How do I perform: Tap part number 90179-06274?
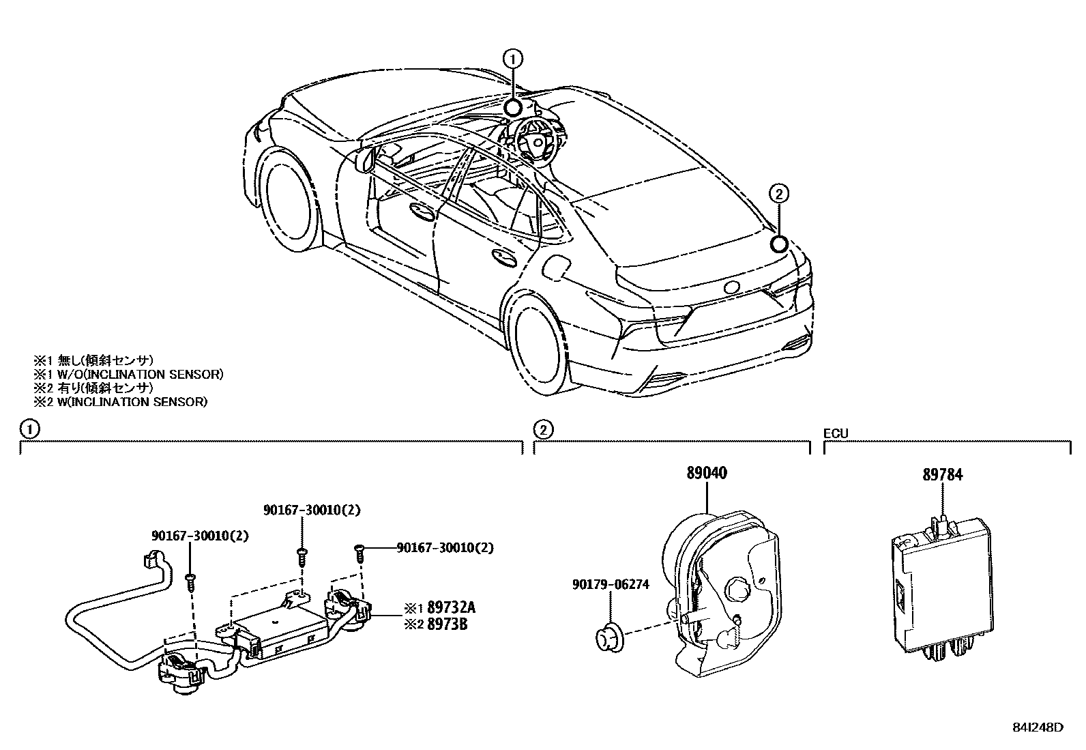[x=611, y=584]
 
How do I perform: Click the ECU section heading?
[x=835, y=433]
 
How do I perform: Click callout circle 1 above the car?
[x=512, y=59]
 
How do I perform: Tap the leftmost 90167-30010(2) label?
[x=199, y=536]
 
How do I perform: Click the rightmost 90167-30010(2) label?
[x=445, y=547]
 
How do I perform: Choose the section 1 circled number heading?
[x=27, y=429]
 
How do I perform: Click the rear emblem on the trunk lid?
[x=734, y=287]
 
